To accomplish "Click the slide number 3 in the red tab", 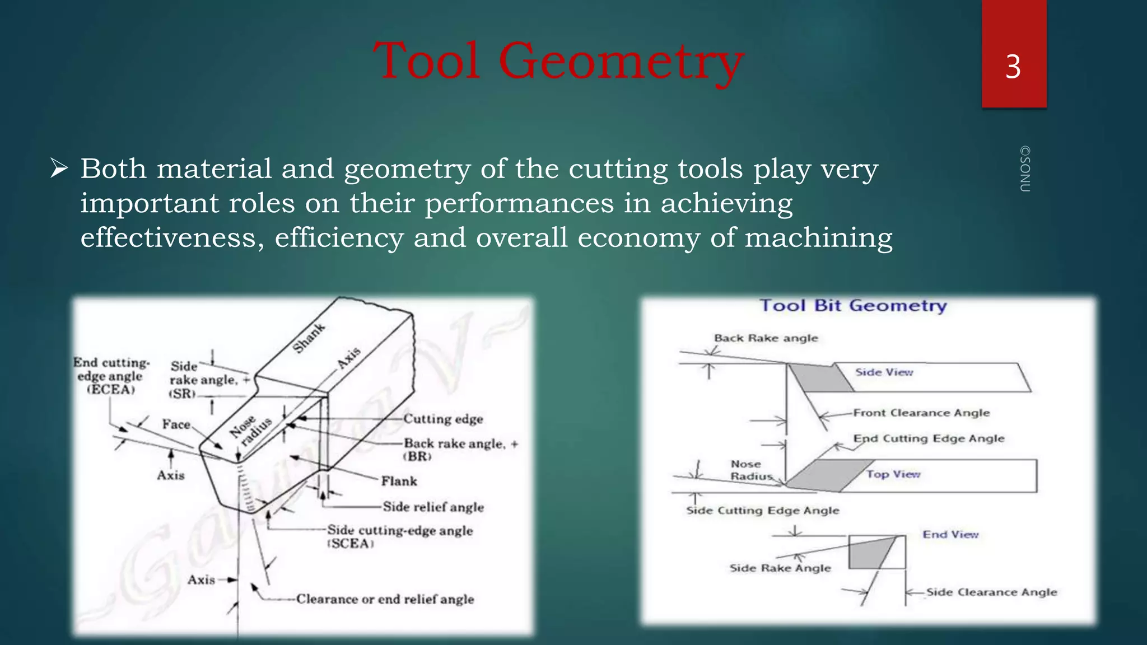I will (1013, 67).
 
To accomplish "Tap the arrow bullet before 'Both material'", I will (58, 168).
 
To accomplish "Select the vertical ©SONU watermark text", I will (1024, 169).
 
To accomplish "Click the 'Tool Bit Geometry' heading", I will (852, 306).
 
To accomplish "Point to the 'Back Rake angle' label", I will (766, 338).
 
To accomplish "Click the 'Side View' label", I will (884, 372).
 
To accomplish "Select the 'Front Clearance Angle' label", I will (921, 413).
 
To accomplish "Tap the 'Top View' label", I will (893, 474).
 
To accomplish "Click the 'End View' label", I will (950, 535).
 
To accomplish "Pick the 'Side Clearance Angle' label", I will (991, 592).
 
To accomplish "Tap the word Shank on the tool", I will (309, 338).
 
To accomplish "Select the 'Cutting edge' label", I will (443, 419).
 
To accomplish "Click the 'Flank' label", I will (399, 482).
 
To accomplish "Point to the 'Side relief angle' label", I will (433, 507).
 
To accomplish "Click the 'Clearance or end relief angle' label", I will (385, 600).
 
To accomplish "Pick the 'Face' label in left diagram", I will (176, 424).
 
